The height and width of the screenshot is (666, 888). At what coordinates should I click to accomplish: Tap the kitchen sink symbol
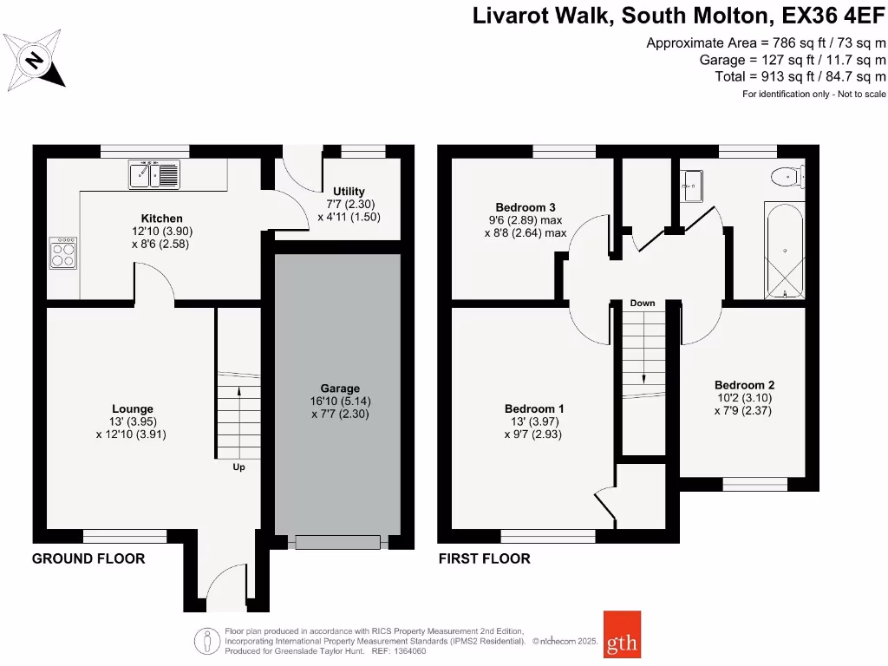(153, 175)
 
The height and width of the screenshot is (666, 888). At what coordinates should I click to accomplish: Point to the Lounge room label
(133, 409)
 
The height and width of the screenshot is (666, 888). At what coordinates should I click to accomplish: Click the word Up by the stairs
(238, 467)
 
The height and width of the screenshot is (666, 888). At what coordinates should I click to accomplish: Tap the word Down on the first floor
(643, 303)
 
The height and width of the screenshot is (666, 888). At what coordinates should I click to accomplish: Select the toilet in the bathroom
(787, 177)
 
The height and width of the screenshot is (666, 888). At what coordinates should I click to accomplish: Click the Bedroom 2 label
(744, 385)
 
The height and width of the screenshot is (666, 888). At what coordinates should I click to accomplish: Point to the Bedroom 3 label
(525, 207)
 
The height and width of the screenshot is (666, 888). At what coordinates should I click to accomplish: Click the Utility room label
(349, 191)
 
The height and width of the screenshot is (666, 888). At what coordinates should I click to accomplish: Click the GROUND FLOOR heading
(88, 558)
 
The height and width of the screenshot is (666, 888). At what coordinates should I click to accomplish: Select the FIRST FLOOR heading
(484, 558)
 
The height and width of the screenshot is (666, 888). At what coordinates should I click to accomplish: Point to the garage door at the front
(338, 543)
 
